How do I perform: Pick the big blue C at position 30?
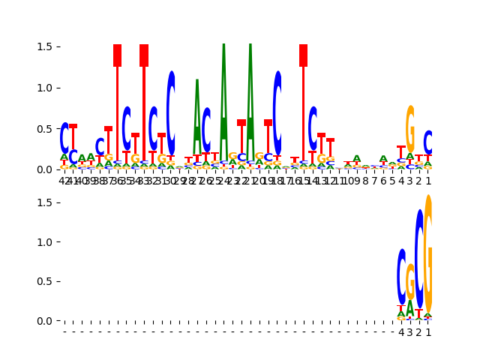(171, 112)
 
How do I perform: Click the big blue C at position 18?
(277, 112)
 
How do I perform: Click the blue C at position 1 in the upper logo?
(428, 142)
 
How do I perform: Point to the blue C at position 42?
(64, 138)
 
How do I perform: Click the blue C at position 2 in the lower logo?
(419, 259)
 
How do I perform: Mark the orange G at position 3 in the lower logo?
(410, 281)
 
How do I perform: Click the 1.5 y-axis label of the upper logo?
(43, 46)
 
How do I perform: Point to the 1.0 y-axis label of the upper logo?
(43, 88)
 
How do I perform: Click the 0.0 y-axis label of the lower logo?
(43, 321)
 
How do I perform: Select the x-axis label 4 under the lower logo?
(401, 332)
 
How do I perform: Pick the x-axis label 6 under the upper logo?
(383, 181)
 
